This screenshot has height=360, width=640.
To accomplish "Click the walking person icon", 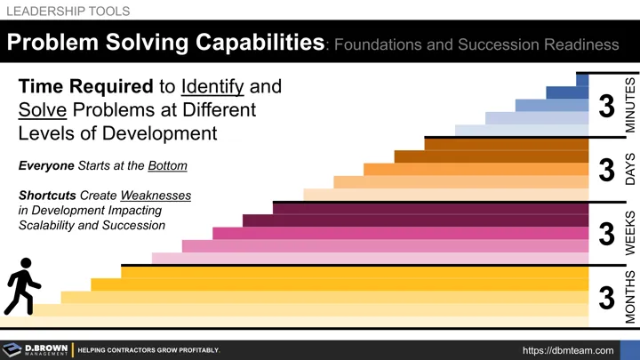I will pyautogui.click(x=22, y=285).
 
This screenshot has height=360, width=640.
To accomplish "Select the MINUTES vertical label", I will pyautogui.click(x=630, y=105).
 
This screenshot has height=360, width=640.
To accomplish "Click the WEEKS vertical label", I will pyautogui.click(x=630, y=234).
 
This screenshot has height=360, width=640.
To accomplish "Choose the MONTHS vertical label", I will pyautogui.click(x=630, y=298).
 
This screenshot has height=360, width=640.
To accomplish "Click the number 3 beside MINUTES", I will pyautogui.click(x=607, y=107).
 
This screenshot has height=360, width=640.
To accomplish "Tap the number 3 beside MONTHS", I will pyautogui.click(x=607, y=299).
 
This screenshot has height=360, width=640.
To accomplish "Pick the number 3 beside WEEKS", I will pyautogui.click(x=607, y=235).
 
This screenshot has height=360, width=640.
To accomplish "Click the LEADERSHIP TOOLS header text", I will pyautogui.click(x=68, y=12).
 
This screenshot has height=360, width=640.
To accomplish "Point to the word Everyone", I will pyautogui.click(x=45, y=166).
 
